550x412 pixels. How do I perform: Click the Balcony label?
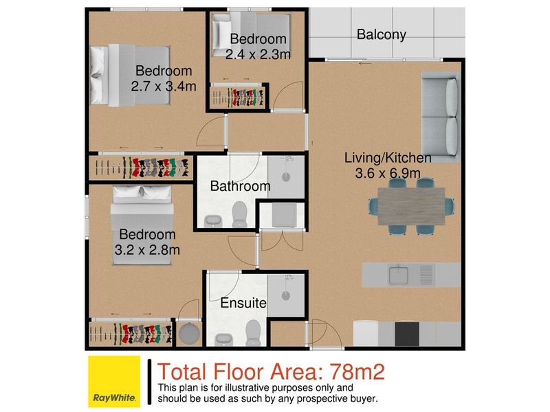point(382,35)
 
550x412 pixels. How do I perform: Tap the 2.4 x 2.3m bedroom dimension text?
point(258,54)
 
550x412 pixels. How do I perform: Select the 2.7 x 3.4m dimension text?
point(164,87)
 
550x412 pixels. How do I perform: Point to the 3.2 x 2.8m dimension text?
point(147,250)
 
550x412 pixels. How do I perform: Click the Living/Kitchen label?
point(388,158)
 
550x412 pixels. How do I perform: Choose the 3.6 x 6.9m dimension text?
point(388,173)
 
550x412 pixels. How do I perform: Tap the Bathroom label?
point(240,186)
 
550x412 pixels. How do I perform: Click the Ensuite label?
point(243,303)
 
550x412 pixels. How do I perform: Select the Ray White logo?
point(114,382)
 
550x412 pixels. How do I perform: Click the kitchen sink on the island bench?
point(398,275)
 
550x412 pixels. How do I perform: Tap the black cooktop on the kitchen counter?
point(407,334)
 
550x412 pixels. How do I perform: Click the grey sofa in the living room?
point(441,117)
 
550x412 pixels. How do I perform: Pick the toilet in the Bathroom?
point(240,214)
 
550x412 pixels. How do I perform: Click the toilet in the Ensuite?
point(253,332)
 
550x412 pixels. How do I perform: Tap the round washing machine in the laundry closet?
point(190,333)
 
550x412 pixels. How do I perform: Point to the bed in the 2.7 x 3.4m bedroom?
point(130,75)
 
